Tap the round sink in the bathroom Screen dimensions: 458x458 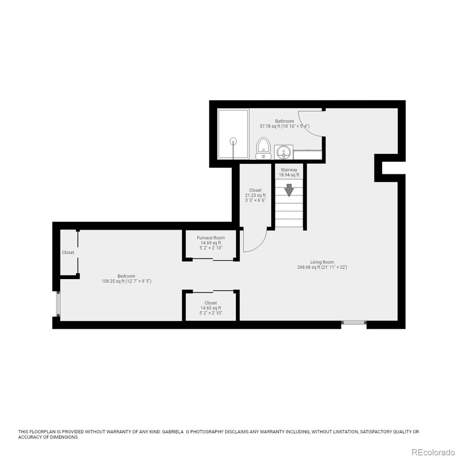pos(284,152)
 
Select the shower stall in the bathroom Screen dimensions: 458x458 pos(233,134)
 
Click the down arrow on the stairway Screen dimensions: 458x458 pos(289,189)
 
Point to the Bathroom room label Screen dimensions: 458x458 pos(284,121)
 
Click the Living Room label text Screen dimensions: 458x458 pos(322,262)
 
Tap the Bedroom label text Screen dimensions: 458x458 pos(126,276)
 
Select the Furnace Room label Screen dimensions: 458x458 pos(211,238)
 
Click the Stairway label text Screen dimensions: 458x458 pos(289,170)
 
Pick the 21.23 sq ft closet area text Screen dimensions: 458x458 pos(255,195)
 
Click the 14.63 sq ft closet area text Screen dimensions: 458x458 pos(211,308)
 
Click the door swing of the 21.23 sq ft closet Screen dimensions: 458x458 pos(255,243)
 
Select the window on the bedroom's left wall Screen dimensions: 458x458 pos(58,304)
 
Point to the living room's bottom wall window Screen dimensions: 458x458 pos(354,323)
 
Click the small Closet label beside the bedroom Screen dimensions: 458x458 pos(68,252)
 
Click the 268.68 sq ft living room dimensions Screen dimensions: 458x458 pos(322,267)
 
